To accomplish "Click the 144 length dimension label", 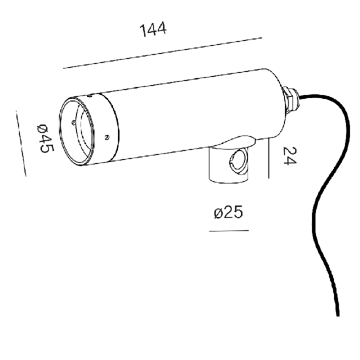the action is tap(153, 29).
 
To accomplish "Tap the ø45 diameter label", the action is tap(45, 138).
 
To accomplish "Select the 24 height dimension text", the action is tap(289, 155).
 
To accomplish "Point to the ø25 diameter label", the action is tap(228, 212).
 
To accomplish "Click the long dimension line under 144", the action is tap(162, 53).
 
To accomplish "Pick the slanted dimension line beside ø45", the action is tap(21, 143).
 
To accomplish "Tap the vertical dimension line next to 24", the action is tap(268, 158).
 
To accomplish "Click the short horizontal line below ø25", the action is tap(229, 230).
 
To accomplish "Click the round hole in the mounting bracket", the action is tap(239, 161).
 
